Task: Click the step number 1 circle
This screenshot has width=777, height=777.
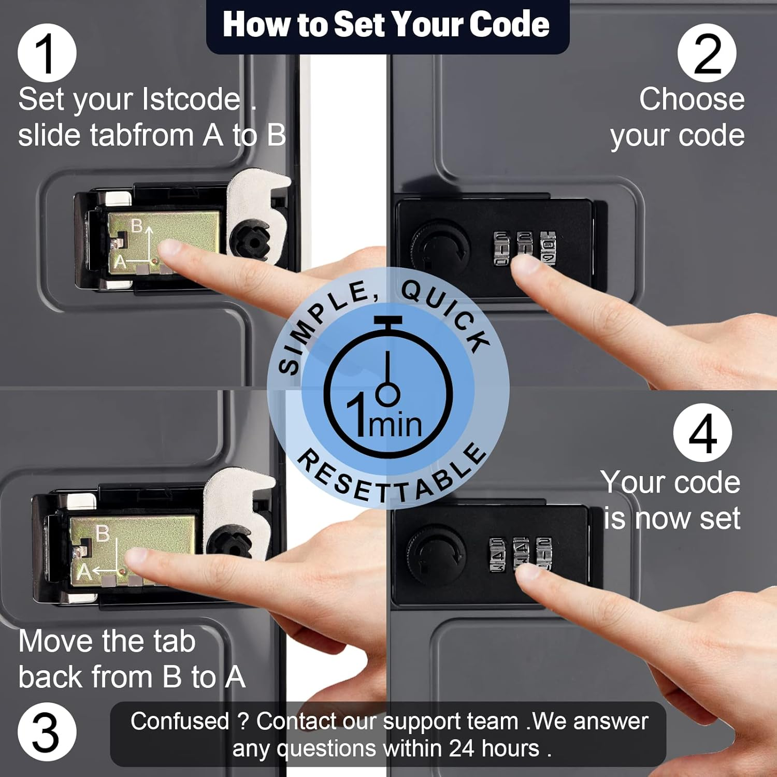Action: coord(47,53)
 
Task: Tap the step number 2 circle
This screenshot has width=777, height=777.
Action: coord(707,53)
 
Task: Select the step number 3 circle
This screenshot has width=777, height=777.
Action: coord(47,732)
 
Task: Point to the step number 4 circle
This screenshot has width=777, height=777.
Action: coord(703,433)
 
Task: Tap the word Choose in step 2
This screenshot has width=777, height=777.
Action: coord(692,99)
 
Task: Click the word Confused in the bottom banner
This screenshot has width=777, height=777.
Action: coord(180,721)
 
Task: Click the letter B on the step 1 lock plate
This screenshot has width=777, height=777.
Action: coord(137,226)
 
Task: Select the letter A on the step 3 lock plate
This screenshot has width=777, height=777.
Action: coord(84,572)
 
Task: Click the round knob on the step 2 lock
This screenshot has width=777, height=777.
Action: coord(439,248)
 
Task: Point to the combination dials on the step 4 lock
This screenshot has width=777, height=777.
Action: coord(521,554)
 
